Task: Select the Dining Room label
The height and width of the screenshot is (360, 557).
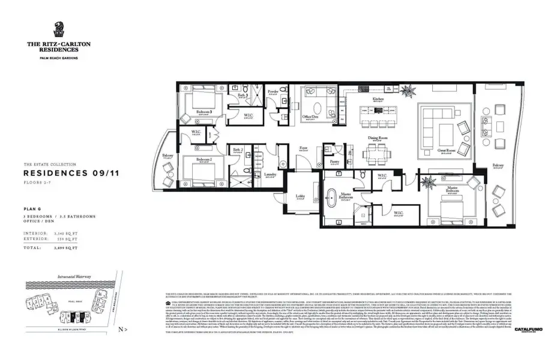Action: [378, 138]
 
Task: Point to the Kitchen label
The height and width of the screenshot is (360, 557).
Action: [378, 99]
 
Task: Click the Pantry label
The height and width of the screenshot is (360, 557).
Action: [334, 161]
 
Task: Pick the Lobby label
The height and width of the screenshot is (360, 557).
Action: [300, 195]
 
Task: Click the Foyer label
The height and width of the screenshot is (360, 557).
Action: [304, 148]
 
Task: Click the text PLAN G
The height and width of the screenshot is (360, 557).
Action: [32, 208]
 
